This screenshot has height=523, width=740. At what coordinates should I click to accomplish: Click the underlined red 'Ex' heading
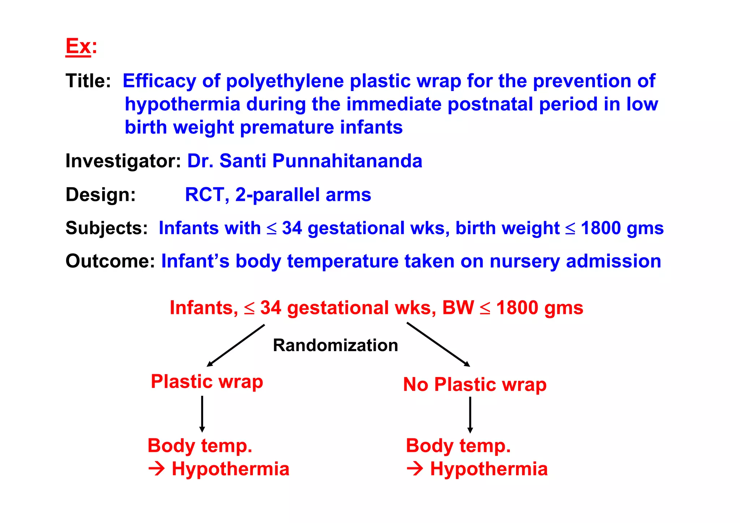78,47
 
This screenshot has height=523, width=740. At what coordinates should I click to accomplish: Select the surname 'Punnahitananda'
347,161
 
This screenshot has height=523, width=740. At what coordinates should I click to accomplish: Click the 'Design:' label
100,195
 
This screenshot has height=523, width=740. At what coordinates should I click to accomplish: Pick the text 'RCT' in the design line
205,195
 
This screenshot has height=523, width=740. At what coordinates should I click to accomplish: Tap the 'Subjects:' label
107,228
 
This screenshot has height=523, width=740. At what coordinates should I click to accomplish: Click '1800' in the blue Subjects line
601,228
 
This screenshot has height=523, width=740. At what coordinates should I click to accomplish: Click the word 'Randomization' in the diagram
335,345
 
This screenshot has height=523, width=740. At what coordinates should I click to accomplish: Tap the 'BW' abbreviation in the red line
458,308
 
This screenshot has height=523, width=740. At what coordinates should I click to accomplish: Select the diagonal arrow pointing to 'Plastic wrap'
236,345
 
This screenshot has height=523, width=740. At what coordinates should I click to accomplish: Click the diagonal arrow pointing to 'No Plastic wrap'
438,344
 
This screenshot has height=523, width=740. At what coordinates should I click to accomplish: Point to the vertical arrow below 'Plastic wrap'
202,414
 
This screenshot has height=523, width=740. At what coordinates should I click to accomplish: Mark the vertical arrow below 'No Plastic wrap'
470,415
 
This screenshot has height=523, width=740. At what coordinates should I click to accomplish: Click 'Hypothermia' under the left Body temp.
230,469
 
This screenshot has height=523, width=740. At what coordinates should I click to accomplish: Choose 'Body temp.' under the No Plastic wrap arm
458,446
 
